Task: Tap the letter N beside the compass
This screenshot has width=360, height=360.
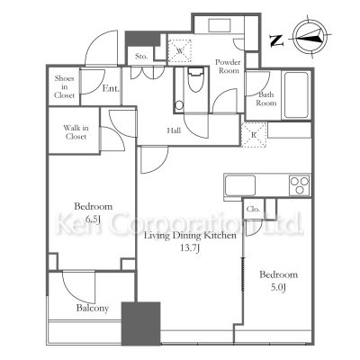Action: [x=276, y=40]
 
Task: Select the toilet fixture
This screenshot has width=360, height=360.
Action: [x=195, y=80]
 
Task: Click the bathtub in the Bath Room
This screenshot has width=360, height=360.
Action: [x=296, y=94]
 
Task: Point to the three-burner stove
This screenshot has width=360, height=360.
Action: [x=299, y=185]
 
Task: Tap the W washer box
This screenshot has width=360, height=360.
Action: [x=179, y=50]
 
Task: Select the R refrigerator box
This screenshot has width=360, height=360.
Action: [x=254, y=135]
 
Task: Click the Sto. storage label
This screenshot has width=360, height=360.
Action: [x=141, y=56]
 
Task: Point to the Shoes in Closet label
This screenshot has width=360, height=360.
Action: [x=64, y=87]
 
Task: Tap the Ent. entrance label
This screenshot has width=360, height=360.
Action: [x=111, y=88]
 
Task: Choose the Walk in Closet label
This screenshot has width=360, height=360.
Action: [x=76, y=132]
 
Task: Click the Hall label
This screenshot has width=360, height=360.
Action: [x=174, y=130]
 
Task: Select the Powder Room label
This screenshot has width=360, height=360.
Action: [x=228, y=67]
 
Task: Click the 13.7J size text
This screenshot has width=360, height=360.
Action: [x=190, y=248]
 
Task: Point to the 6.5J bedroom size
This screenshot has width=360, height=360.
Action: [x=93, y=220]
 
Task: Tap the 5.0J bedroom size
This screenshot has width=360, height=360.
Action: [x=278, y=287]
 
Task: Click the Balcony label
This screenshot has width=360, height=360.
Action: [x=93, y=308]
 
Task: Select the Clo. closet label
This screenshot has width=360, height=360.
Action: [x=253, y=209]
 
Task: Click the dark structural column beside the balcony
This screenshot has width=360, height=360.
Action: [x=140, y=324]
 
